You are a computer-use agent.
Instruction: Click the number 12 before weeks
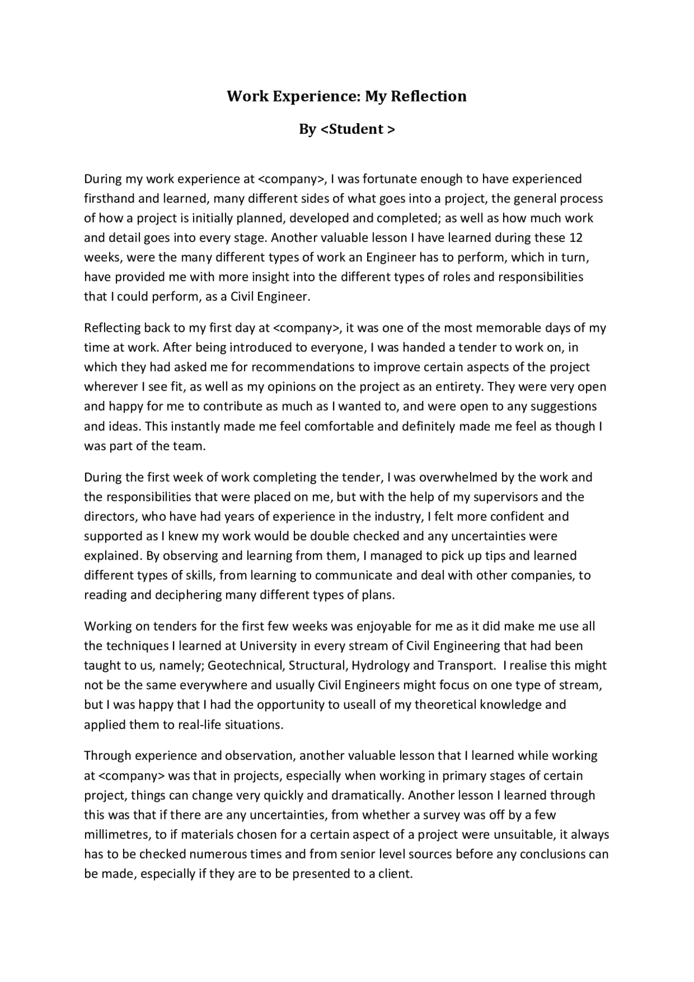[576, 238]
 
